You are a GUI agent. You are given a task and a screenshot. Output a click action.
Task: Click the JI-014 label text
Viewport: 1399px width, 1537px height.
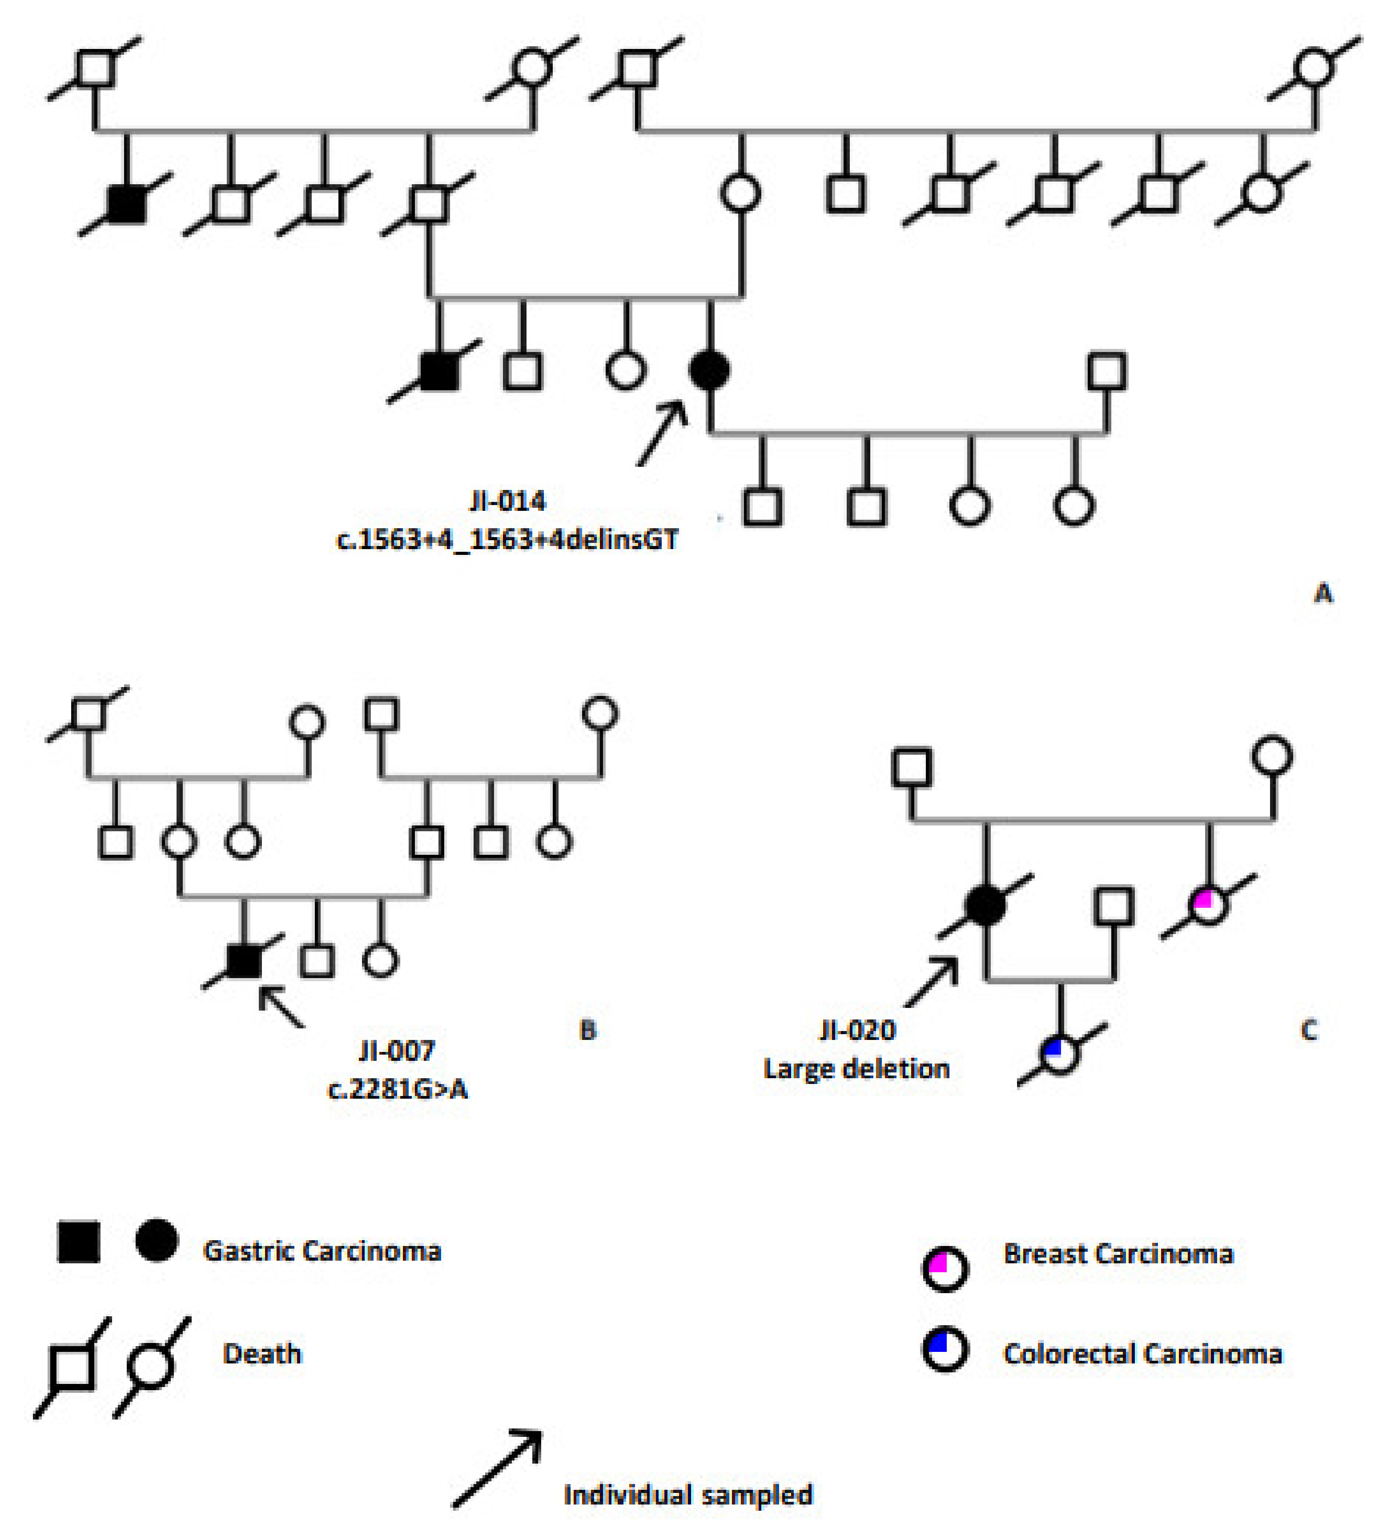[x=507, y=501]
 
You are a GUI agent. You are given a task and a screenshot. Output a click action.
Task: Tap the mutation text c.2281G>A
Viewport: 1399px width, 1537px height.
[x=397, y=1089]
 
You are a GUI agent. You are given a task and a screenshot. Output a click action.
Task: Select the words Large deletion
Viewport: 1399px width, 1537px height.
[x=856, y=1069]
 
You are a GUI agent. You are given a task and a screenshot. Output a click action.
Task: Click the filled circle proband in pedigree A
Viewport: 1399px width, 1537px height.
[x=709, y=371]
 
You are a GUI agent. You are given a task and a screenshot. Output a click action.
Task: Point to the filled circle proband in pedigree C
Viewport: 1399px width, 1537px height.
[x=985, y=905]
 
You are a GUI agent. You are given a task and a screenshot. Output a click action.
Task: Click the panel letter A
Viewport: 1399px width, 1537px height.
[x=1323, y=593]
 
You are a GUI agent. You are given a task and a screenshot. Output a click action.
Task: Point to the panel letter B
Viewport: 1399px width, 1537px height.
[x=587, y=1030]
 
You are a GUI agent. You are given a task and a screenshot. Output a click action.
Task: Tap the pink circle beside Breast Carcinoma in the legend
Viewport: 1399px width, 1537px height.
[x=945, y=1270]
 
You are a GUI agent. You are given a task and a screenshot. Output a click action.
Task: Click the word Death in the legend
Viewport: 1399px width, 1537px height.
[x=262, y=1354]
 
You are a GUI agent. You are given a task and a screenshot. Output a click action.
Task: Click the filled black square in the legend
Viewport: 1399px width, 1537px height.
[x=79, y=1242]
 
